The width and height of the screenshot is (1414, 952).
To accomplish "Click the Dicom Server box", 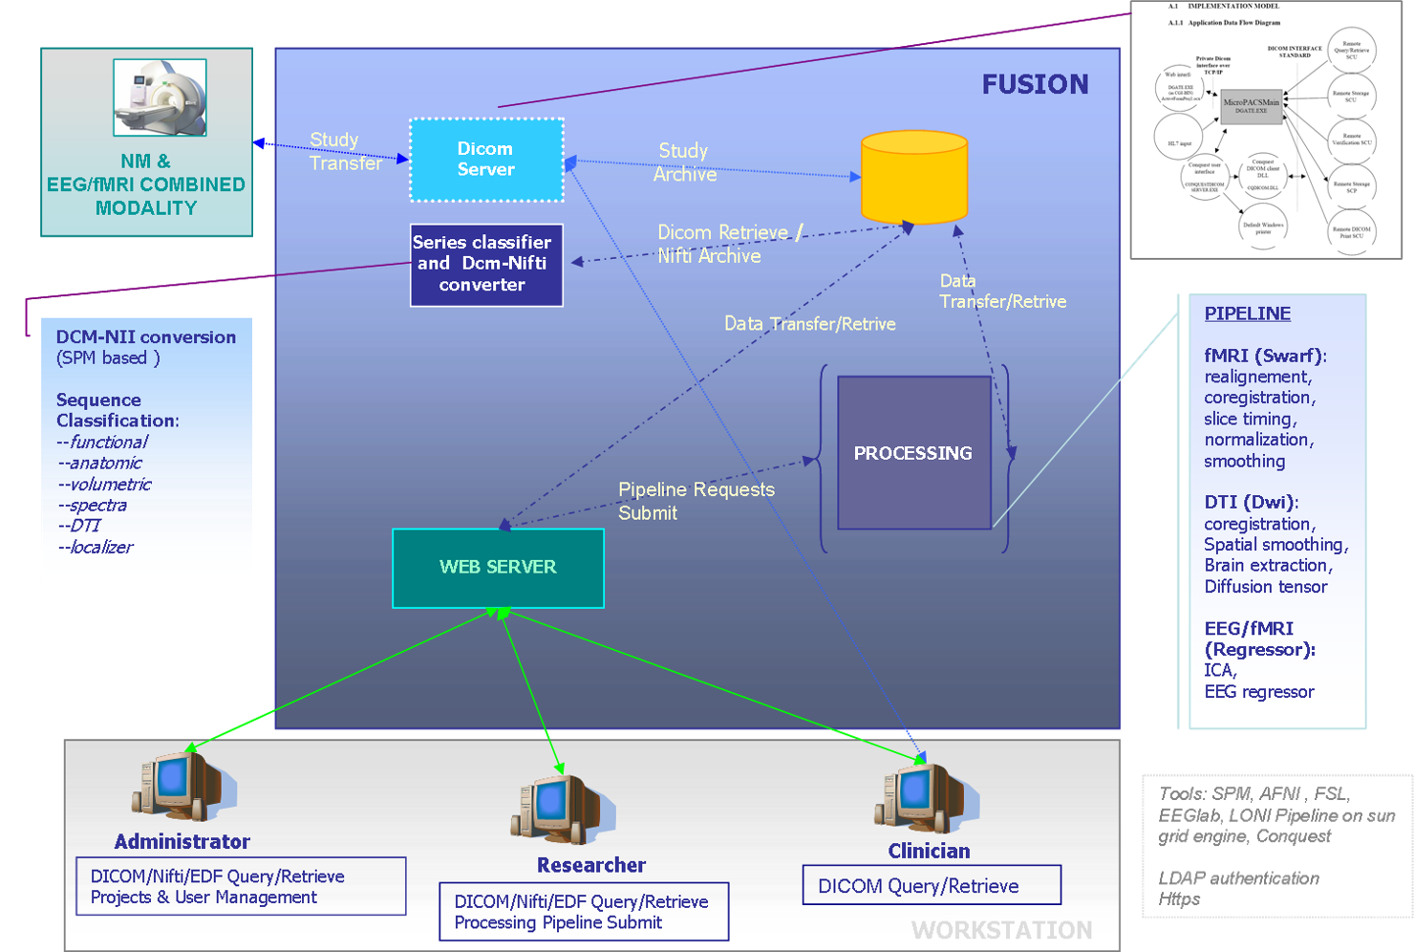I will (486, 160).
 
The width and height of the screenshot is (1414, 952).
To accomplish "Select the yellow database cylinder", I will (914, 178).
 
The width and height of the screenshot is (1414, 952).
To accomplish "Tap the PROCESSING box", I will (913, 453).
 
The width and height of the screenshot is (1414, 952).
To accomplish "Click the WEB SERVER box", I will (498, 568).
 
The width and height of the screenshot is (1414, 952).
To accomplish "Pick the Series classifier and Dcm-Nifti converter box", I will (486, 265).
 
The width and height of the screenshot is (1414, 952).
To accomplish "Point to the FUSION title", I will (1035, 85).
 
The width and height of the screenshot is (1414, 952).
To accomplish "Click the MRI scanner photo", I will (160, 97).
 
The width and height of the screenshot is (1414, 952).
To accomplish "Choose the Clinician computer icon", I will (924, 798).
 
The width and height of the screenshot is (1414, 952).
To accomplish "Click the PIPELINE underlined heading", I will (1247, 314).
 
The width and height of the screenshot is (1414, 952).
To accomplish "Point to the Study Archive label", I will (685, 162).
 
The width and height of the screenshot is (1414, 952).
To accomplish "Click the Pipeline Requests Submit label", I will (696, 501).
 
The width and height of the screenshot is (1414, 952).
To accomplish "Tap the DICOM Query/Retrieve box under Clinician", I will (932, 885).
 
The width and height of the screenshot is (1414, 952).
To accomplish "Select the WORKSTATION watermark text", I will (1001, 930).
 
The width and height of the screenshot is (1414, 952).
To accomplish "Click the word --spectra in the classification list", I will (93, 506).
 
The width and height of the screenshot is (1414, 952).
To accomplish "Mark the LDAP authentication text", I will (1238, 878).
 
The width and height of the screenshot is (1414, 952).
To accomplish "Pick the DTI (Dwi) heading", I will (1251, 503).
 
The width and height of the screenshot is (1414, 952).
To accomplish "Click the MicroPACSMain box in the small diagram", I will (1251, 106).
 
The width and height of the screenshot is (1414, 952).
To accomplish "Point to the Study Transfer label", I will (345, 151).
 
